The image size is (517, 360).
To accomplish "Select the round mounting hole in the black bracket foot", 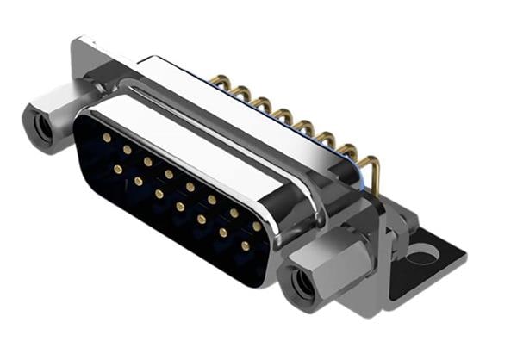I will click(x=423, y=254).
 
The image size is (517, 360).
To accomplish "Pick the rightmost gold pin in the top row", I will click(x=256, y=226).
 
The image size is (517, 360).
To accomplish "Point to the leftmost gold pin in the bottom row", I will click(x=117, y=170).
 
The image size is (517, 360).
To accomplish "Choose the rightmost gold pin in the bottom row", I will click(x=245, y=245).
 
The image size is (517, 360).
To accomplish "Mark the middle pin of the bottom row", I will click(x=180, y=207).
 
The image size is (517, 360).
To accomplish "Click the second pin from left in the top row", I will click(x=127, y=150).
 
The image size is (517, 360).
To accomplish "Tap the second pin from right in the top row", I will click(x=234, y=213).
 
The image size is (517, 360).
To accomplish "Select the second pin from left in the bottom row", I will click(x=138, y=182).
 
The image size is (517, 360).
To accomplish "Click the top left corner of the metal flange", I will click(x=82, y=43).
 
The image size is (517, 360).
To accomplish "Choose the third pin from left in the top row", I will click(x=148, y=162).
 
